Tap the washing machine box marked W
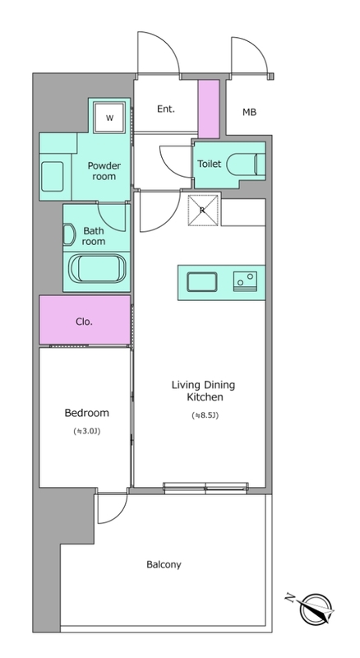[109, 118]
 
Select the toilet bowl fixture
[246, 163]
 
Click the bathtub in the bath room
[96, 269]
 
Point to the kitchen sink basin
[202, 281]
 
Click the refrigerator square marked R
[203, 211]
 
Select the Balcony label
[164, 564]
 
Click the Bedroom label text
[87, 413]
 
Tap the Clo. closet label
[85, 322]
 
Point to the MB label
[249, 112]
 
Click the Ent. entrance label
[166, 109]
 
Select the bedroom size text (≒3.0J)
[87, 431]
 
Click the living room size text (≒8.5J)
[205, 416]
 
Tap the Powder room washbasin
[52, 176]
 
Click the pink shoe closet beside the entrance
[209, 109]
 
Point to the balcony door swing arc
[117, 514]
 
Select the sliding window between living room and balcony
[205, 488]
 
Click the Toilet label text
[209, 164]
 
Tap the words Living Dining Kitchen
[204, 391]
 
